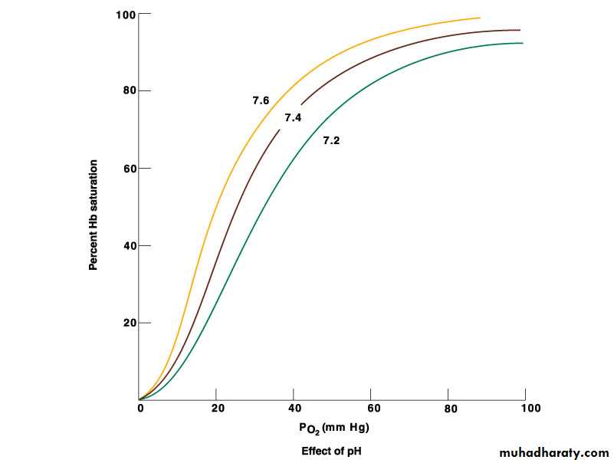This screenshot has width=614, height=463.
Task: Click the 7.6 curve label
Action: pyautogui.click(x=261, y=100)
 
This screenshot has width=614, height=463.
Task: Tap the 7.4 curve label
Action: pyautogui.click(x=293, y=118)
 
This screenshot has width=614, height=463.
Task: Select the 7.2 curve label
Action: pyautogui.click(x=331, y=141)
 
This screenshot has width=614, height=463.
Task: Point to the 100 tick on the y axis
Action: pyautogui.click(x=126, y=15)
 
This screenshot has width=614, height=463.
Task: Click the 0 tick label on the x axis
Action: pyautogui.click(x=140, y=409)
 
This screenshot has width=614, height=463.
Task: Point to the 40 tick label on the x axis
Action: pyautogui.click(x=294, y=409)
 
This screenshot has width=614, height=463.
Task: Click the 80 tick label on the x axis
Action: pyautogui.click(x=451, y=409)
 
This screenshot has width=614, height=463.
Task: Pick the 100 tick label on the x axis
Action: pyautogui.click(x=530, y=409)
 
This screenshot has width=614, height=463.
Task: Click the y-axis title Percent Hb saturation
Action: pyautogui.click(x=94, y=215)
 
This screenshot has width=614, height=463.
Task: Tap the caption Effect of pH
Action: pyautogui.click(x=331, y=451)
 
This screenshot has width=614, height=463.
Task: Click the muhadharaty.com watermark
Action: pyautogui.click(x=553, y=453)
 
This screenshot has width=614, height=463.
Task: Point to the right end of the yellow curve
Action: pyautogui.click(x=480, y=18)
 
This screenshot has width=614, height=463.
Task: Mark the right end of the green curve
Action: pyautogui.click(x=523, y=43)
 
